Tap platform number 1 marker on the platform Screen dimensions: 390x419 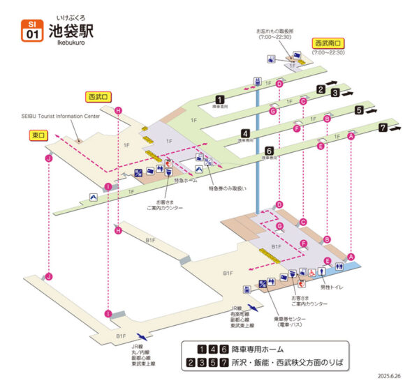click(220, 99)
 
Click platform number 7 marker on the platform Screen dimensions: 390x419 click(382, 128)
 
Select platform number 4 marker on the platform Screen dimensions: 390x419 click(246, 133)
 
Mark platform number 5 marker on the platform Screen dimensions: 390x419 click(358, 110)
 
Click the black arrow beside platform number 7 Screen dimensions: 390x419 click(397, 128)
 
